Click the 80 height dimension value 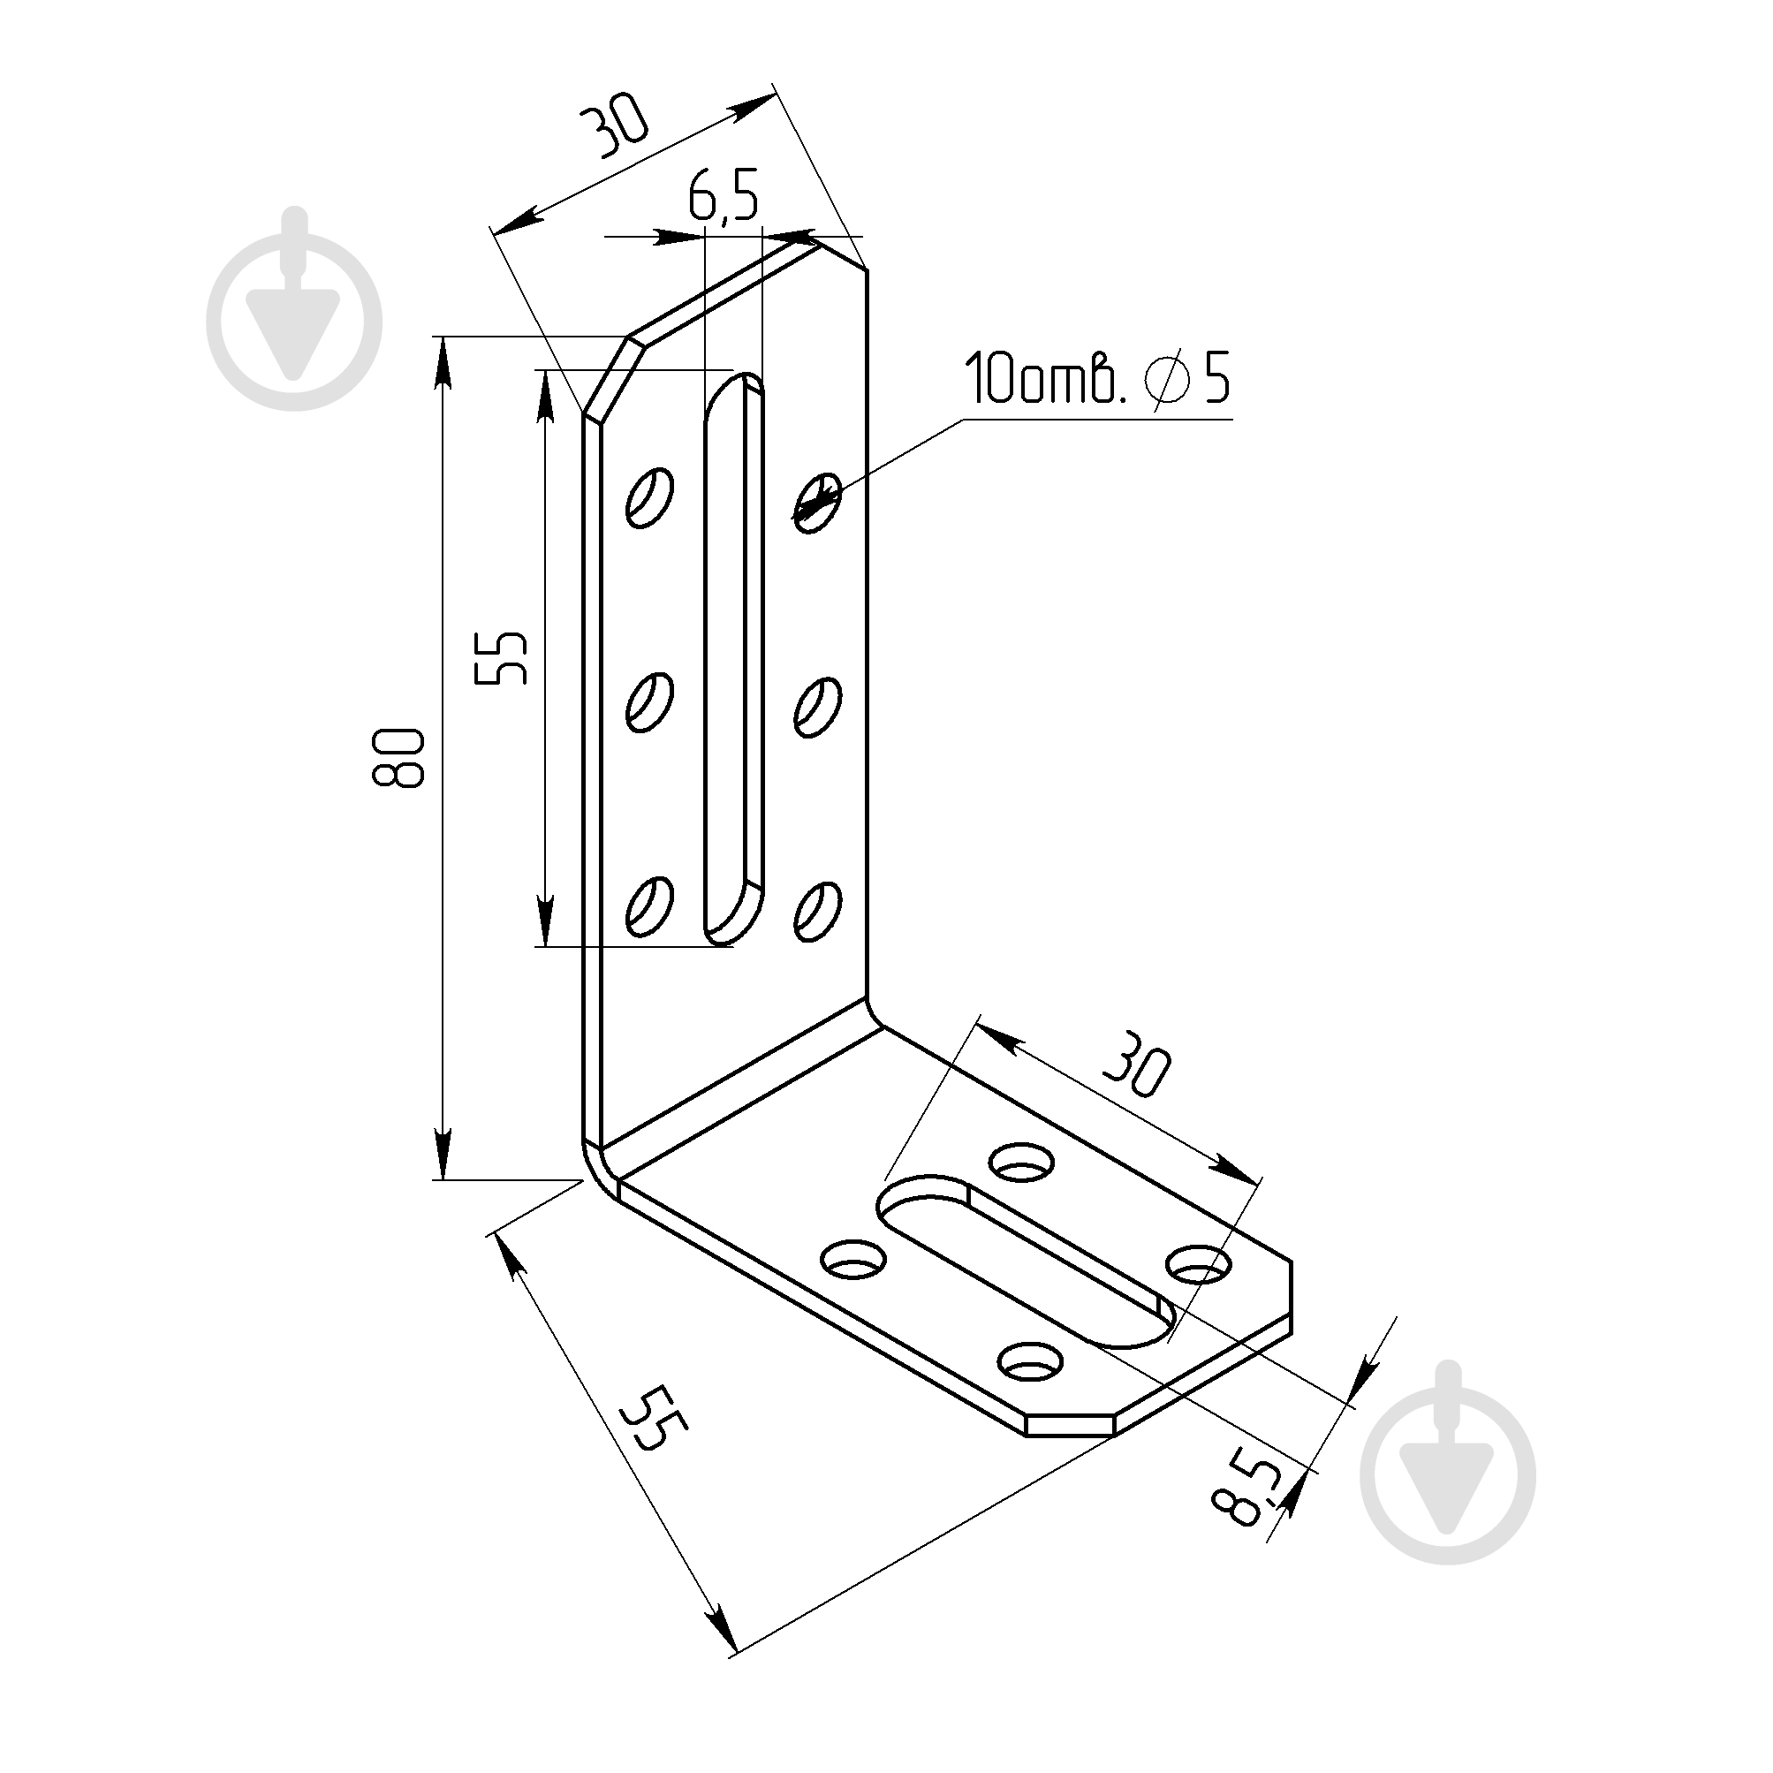click(x=398, y=758)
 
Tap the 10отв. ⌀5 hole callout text click(x=1095, y=378)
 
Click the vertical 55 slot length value click(x=501, y=658)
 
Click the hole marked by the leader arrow click(x=818, y=501)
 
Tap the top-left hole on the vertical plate click(x=649, y=497)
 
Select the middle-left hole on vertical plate click(x=649, y=702)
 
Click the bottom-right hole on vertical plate click(x=818, y=911)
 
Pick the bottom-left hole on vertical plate click(x=649, y=905)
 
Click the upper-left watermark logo click(x=294, y=309)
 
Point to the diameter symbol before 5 click(x=1167, y=378)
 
